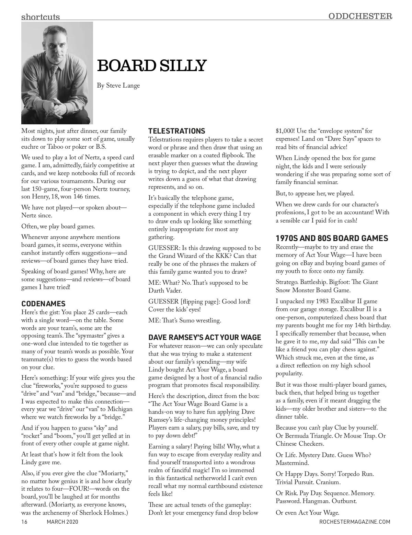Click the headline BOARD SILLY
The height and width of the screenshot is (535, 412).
[x=152, y=66]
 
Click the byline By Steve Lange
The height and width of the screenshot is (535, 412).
[x=118, y=86]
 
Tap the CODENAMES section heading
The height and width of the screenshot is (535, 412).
[x=43, y=304]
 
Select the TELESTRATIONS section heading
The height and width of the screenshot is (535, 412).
[x=176, y=131]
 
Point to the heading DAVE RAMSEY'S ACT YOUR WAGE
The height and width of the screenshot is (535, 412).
[x=205, y=338]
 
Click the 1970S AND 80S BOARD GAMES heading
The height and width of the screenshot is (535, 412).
[x=332, y=238]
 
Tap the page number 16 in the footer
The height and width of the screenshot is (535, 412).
[x=24, y=522]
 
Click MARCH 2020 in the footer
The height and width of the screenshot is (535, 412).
[x=62, y=522]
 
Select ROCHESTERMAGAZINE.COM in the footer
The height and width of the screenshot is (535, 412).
[x=355, y=522]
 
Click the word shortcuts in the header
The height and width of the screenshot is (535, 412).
[x=41, y=16]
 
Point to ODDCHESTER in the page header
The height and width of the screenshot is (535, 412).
[x=360, y=16]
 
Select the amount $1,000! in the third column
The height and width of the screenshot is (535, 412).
[x=285, y=131]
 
